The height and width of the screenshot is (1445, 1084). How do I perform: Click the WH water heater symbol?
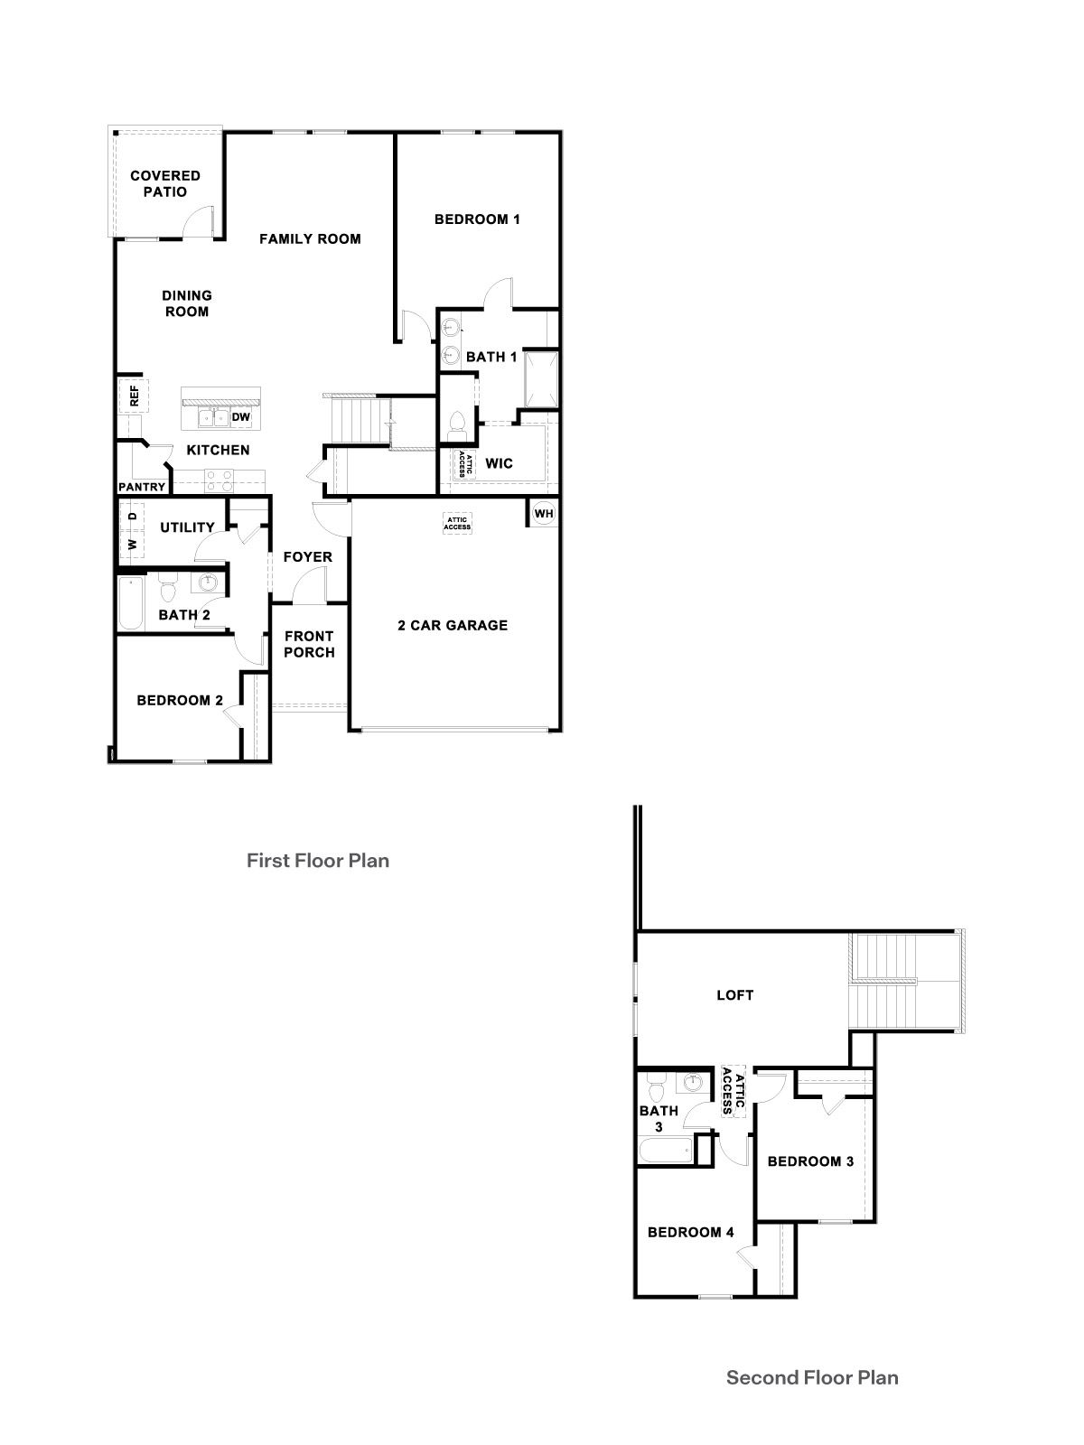[x=543, y=514]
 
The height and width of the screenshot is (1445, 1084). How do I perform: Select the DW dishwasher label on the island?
[x=240, y=417]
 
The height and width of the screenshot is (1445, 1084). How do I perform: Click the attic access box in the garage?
[x=457, y=523]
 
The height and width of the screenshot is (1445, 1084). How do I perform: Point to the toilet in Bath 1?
[x=456, y=424]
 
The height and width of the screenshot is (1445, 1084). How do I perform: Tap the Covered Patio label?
[x=165, y=183]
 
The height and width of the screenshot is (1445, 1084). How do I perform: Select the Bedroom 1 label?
[x=477, y=219]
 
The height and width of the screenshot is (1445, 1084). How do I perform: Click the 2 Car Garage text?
[x=453, y=625]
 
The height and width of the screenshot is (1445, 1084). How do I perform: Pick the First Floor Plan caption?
[x=318, y=861]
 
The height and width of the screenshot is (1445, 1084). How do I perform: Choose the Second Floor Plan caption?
[x=812, y=1377]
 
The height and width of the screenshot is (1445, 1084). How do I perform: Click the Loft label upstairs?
[x=734, y=995]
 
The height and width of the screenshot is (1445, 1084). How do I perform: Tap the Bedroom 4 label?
[x=690, y=1232]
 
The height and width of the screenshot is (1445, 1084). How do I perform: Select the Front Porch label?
[x=309, y=644]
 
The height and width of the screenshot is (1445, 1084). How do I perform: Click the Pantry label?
[x=143, y=487]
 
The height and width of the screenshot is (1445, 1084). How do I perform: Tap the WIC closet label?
[x=499, y=463]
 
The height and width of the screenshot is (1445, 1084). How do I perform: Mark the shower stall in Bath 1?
[x=541, y=377]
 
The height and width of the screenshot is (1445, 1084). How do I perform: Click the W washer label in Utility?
[x=132, y=544]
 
